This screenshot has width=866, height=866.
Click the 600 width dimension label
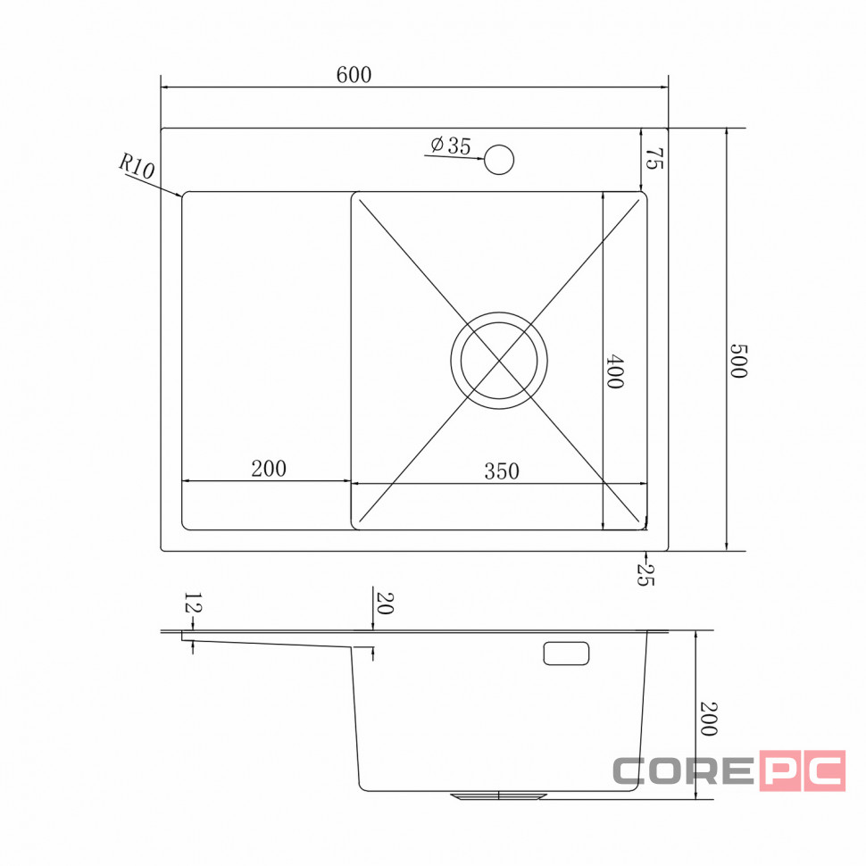[354, 75]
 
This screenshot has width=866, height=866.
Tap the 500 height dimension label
[739, 361]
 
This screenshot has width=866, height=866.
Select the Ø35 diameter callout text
[451, 146]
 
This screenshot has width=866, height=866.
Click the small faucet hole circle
[499, 160]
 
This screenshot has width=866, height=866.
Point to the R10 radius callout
[137, 166]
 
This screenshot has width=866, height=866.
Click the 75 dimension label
[654, 158]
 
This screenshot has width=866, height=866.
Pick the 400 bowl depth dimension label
[615, 371]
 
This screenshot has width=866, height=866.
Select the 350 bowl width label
[502, 471]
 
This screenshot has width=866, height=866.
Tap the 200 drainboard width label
[269, 469]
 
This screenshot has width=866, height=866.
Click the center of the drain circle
[499, 361]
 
